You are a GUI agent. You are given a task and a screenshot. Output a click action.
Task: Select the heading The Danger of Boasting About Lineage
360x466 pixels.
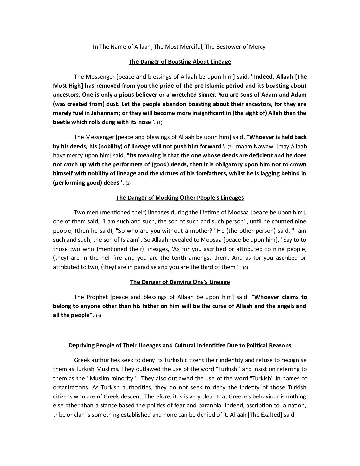tap(180, 62)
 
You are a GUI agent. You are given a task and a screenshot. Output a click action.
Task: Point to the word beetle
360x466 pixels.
tap(62, 122)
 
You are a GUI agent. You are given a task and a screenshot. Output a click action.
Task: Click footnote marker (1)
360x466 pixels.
tap(160, 123)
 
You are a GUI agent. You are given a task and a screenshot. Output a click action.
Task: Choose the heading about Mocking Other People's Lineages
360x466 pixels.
tap(180, 198)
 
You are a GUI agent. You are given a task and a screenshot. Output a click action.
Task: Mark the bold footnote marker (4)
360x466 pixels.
tap(245, 268)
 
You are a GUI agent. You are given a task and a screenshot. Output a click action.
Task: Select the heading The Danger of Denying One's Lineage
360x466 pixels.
tap(180, 282)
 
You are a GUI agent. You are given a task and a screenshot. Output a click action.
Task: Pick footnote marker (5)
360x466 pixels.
tap(98, 316)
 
